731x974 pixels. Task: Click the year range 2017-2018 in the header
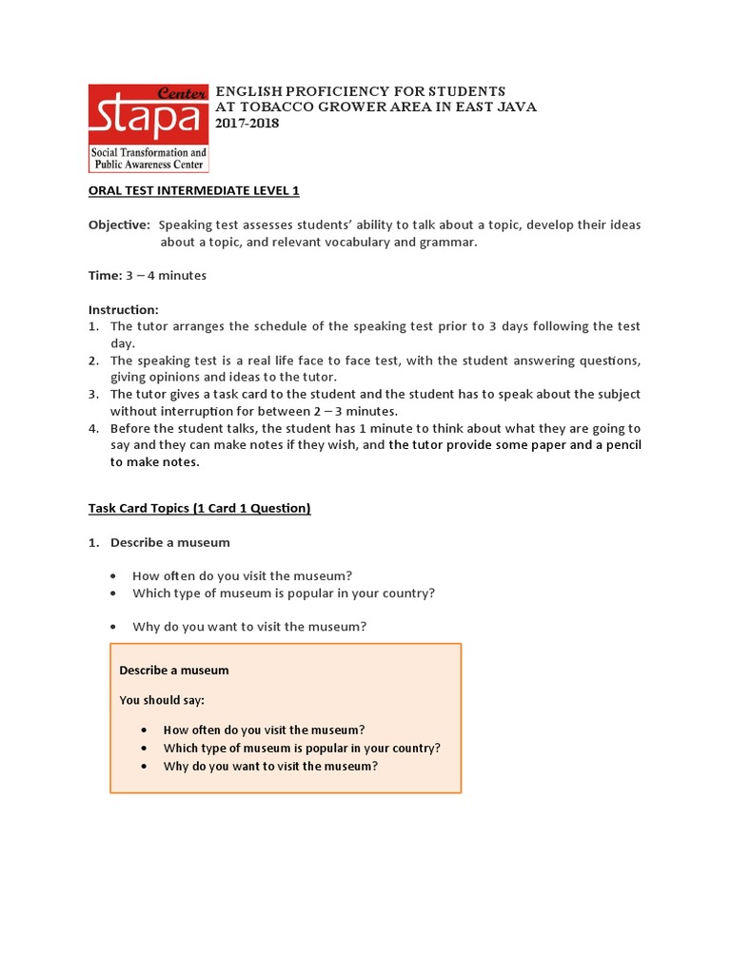point(247,124)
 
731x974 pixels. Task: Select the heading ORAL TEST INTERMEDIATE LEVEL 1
point(194,190)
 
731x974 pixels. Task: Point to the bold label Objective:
point(119,225)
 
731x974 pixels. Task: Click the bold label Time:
point(105,276)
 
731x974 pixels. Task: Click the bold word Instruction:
point(124,309)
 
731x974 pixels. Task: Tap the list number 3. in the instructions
point(94,395)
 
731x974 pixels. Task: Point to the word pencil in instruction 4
point(619,445)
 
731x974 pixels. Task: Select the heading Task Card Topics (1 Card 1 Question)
point(200,508)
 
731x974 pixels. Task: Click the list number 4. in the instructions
point(94,429)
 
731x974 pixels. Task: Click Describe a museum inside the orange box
point(174,671)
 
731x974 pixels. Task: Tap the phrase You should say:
point(162,700)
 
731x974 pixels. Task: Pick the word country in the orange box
point(411,749)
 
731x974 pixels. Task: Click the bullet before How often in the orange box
point(142,730)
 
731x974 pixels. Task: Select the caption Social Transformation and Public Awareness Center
point(148,158)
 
